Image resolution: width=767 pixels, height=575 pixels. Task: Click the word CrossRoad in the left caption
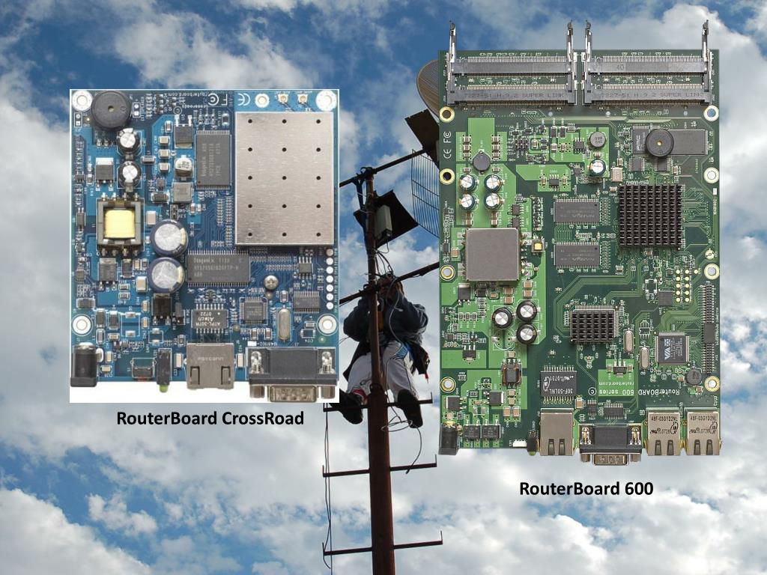262,419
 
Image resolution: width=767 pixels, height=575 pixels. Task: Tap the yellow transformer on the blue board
119,224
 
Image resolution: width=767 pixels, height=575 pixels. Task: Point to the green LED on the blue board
161,388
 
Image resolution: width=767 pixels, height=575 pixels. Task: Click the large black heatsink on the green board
649,216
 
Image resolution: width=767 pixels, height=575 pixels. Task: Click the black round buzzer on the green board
659,142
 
